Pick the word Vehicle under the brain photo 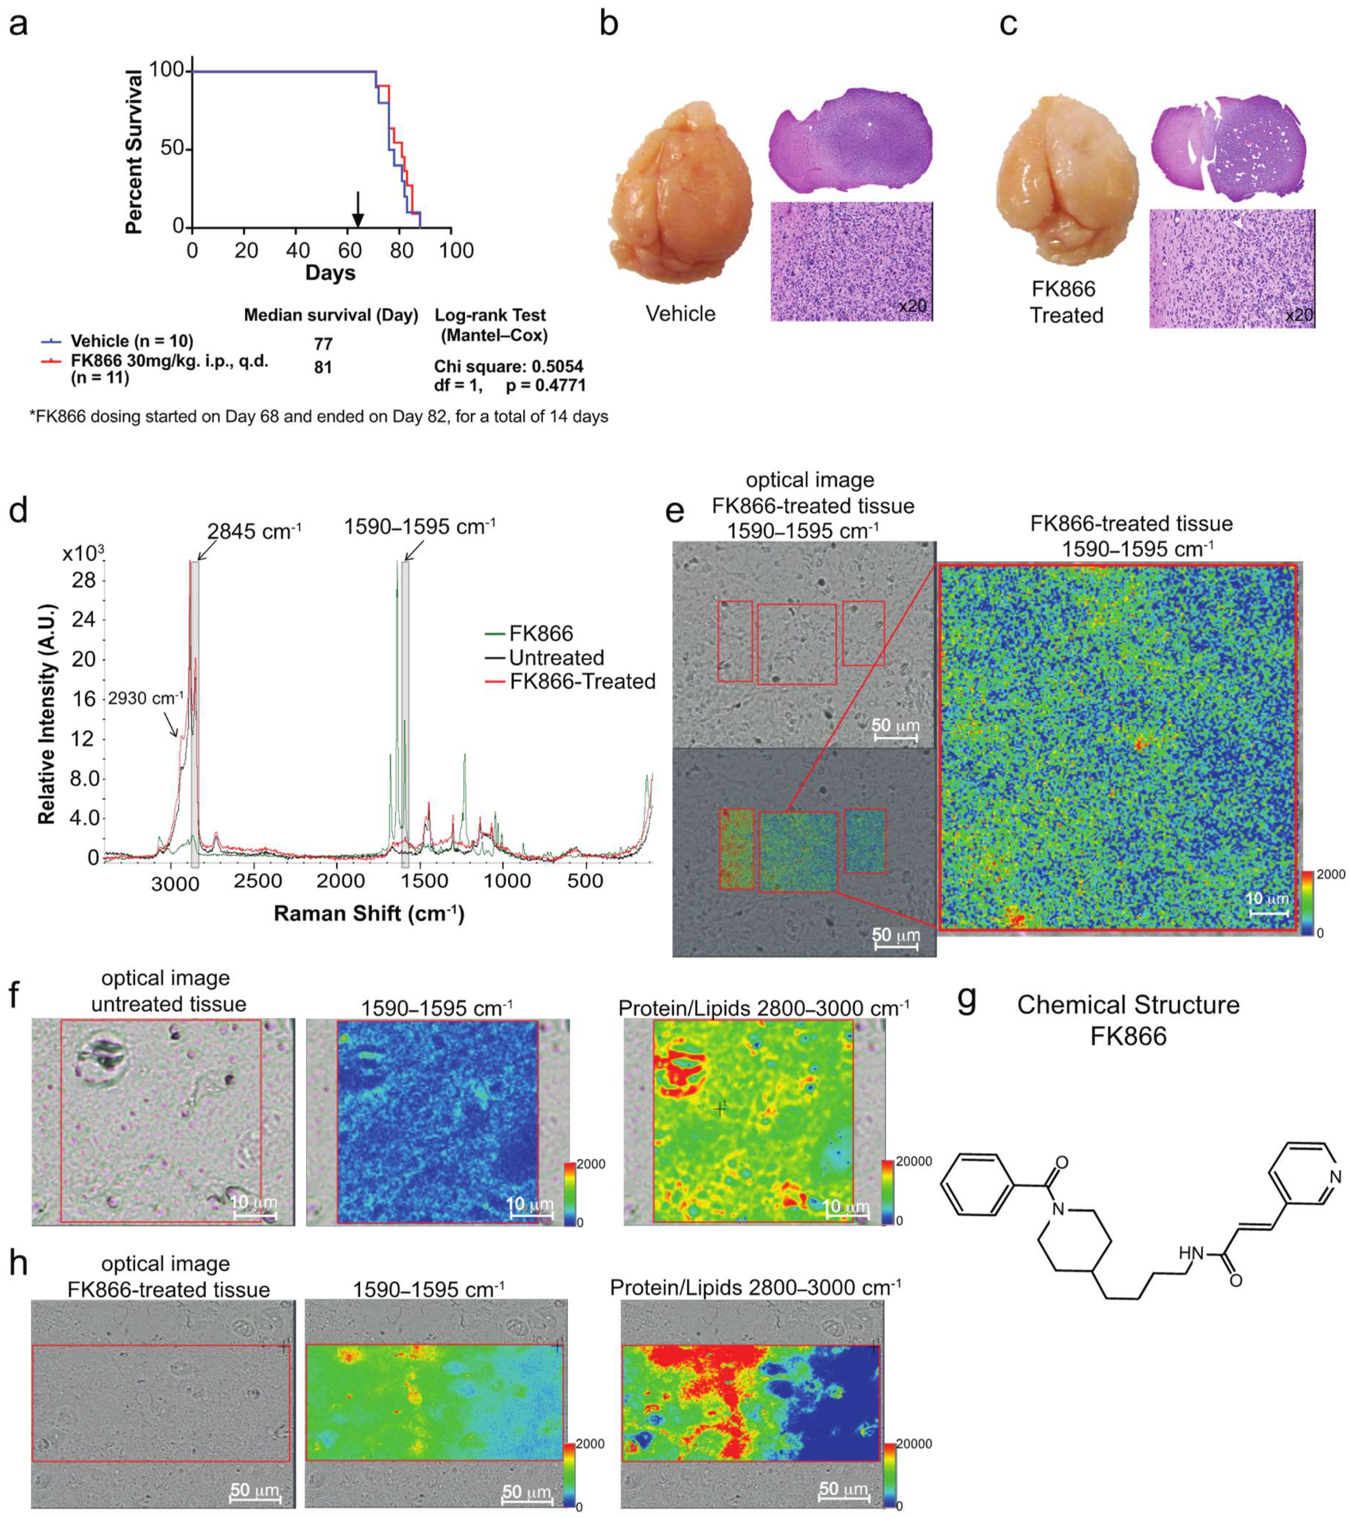coord(681,313)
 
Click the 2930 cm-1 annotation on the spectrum coord(145,698)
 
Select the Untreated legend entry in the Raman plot coord(556,657)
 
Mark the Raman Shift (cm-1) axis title coord(369,913)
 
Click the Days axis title coord(330,273)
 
